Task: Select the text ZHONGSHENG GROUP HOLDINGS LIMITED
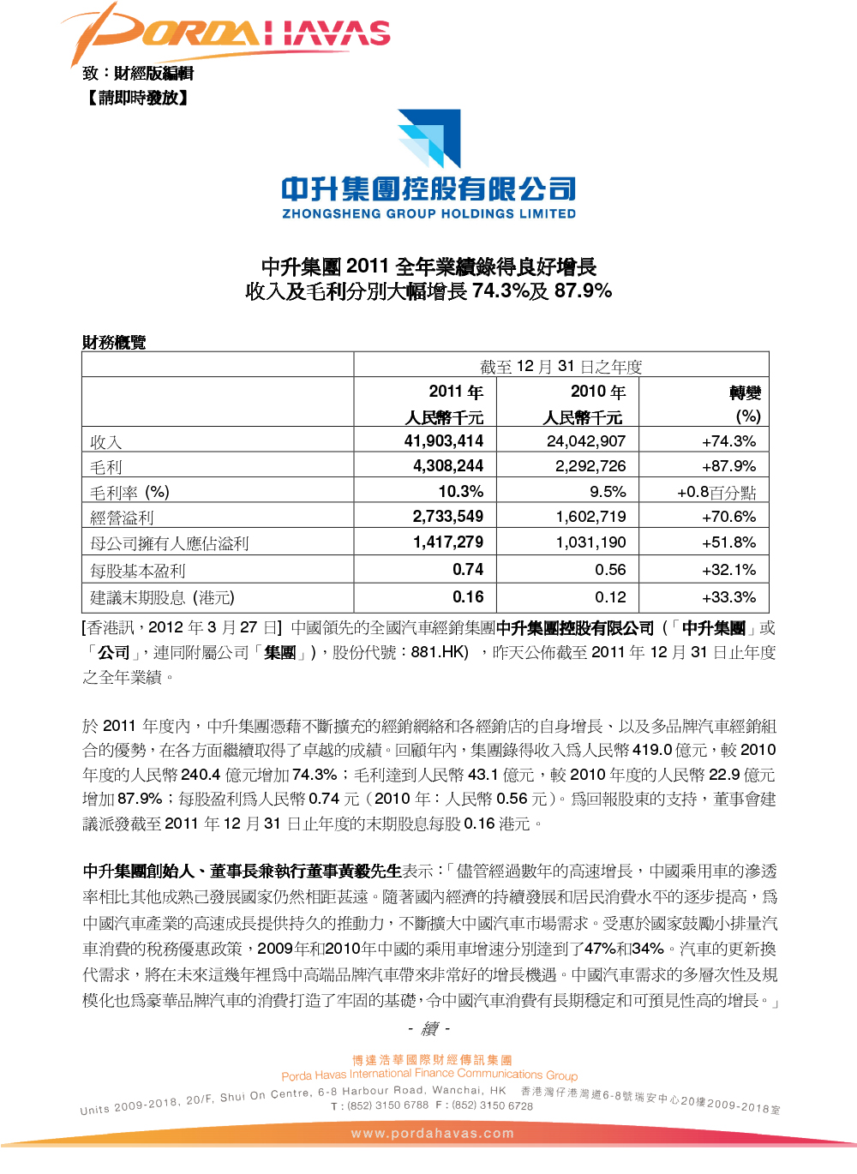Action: (x=428, y=214)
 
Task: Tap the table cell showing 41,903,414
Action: (x=443, y=441)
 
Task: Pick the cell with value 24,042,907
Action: (x=586, y=441)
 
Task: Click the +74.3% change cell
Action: (x=728, y=441)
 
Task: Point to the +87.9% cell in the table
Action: (x=728, y=466)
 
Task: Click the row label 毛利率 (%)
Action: (x=129, y=493)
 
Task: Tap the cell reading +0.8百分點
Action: (x=716, y=493)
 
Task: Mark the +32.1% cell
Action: (x=728, y=570)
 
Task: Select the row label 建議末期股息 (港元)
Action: (x=162, y=597)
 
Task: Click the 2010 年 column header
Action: (x=598, y=392)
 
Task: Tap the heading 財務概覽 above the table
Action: (x=114, y=343)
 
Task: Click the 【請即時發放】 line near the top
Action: (x=137, y=98)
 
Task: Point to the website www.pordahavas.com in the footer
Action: (x=433, y=1133)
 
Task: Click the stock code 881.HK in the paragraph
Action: (x=439, y=652)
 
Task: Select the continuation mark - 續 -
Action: (x=429, y=1028)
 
